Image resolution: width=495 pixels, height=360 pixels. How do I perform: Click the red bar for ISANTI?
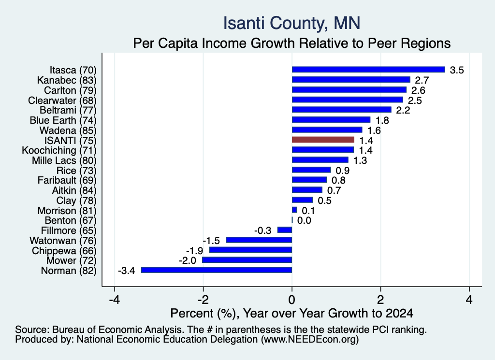[x=323, y=140]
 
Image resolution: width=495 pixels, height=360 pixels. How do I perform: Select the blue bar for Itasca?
[x=368, y=70]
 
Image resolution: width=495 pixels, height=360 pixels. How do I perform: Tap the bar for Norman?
[x=217, y=270]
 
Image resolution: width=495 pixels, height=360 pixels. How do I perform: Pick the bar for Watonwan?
[x=259, y=240]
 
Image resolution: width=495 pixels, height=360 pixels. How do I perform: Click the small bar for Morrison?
[x=294, y=210]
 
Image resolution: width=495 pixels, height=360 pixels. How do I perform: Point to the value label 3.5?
[x=457, y=70]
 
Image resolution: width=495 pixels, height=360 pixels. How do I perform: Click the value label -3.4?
[x=126, y=271]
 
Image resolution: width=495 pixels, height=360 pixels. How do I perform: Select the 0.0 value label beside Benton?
[x=304, y=220]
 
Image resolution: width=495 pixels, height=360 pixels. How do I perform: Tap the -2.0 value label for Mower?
[x=187, y=260]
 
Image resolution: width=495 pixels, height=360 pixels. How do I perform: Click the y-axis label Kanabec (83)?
[x=67, y=80]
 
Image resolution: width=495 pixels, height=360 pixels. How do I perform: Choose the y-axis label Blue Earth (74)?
[x=63, y=120]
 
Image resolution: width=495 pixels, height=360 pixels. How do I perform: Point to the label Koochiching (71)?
[x=59, y=150]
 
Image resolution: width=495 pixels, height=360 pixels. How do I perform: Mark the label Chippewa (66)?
[x=64, y=250]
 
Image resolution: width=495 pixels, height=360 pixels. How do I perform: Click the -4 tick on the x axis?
[x=114, y=300]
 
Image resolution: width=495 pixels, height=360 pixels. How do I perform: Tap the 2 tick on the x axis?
[x=381, y=300]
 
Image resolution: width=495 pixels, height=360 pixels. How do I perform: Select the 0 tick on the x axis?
[x=292, y=300]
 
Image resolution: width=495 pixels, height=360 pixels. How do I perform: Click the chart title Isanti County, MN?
[x=291, y=23]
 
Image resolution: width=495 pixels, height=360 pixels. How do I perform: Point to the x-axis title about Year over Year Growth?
[x=291, y=313]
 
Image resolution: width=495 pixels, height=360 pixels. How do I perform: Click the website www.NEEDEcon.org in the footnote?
[x=310, y=340]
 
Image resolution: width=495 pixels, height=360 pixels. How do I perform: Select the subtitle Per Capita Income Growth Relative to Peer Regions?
[x=291, y=43]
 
